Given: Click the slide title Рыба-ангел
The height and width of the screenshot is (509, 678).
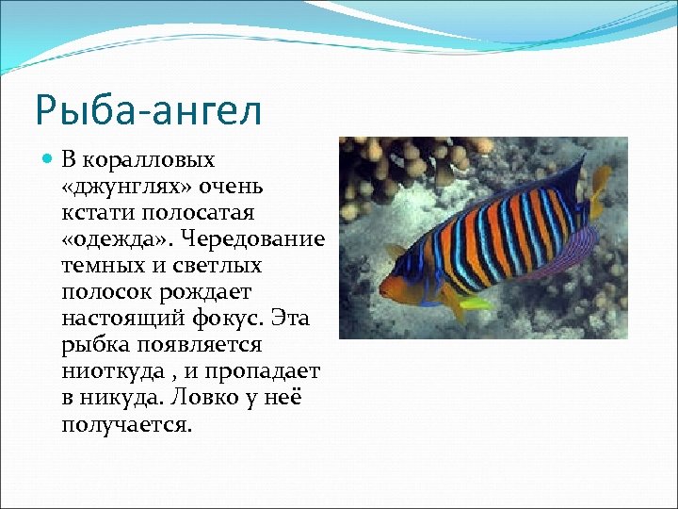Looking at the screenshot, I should pos(148,108).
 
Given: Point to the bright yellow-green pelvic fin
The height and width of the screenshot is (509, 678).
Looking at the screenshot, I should pos(474,304).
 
